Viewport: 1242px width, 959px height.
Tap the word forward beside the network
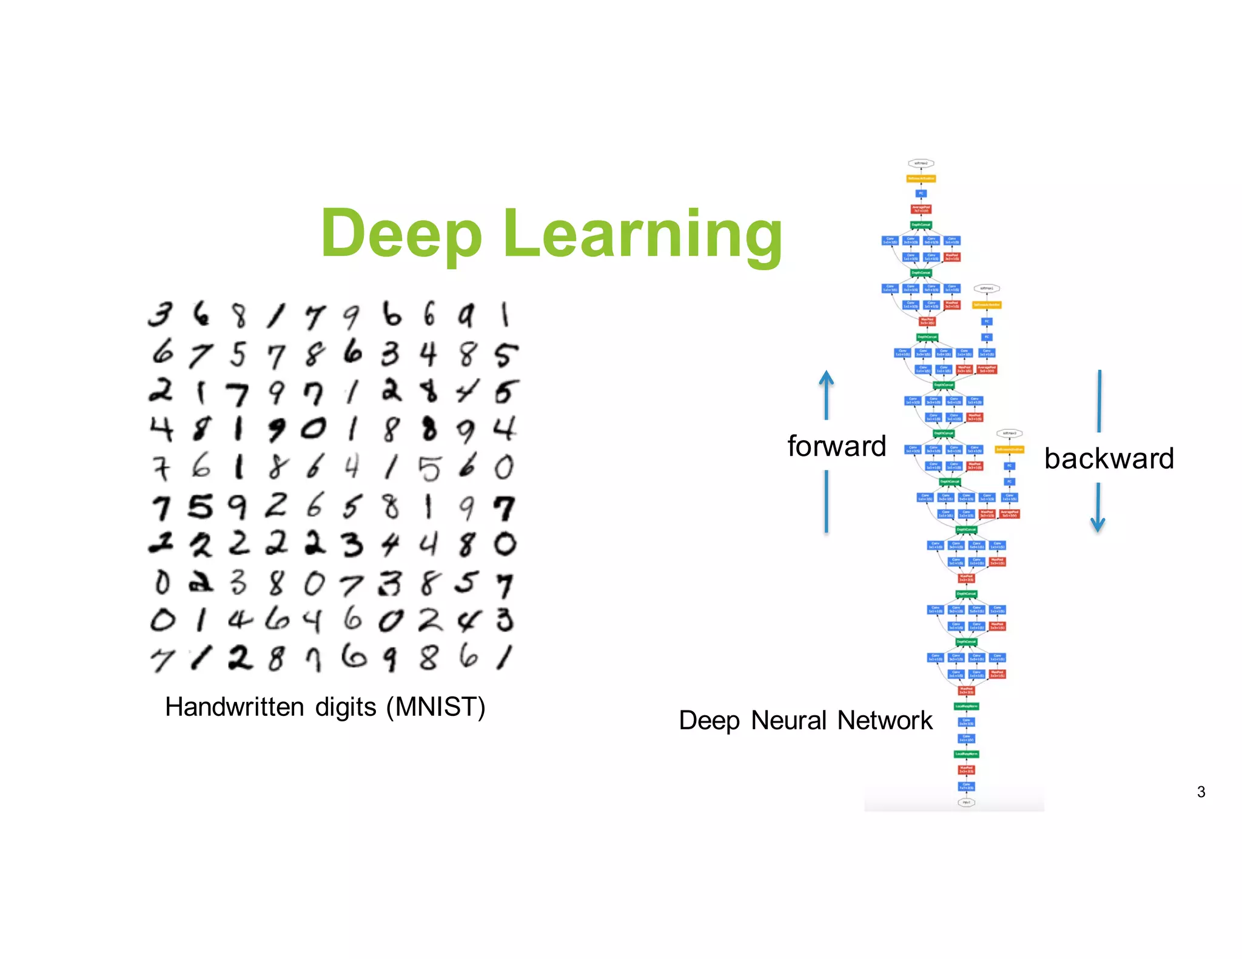point(836,446)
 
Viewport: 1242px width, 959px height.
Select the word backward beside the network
point(1109,458)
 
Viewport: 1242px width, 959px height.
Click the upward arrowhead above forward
point(826,378)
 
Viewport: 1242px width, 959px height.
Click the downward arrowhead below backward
point(1098,524)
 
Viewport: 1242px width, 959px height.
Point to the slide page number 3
point(1201,792)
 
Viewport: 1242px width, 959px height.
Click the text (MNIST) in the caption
point(436,707)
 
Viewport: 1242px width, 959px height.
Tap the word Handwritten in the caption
point(234,707)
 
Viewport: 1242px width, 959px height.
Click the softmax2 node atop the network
point(921,163)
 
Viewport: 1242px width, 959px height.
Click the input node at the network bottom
point(966,802)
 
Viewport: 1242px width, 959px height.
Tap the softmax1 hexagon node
point(987,289)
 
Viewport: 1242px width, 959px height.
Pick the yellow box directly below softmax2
point(921,178)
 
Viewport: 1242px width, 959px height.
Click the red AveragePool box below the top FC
point(921,209)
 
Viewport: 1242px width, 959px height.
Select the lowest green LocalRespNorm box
point(966,754)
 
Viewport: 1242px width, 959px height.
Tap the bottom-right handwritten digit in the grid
point(505,657)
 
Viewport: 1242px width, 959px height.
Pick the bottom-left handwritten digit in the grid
point(161,660)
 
